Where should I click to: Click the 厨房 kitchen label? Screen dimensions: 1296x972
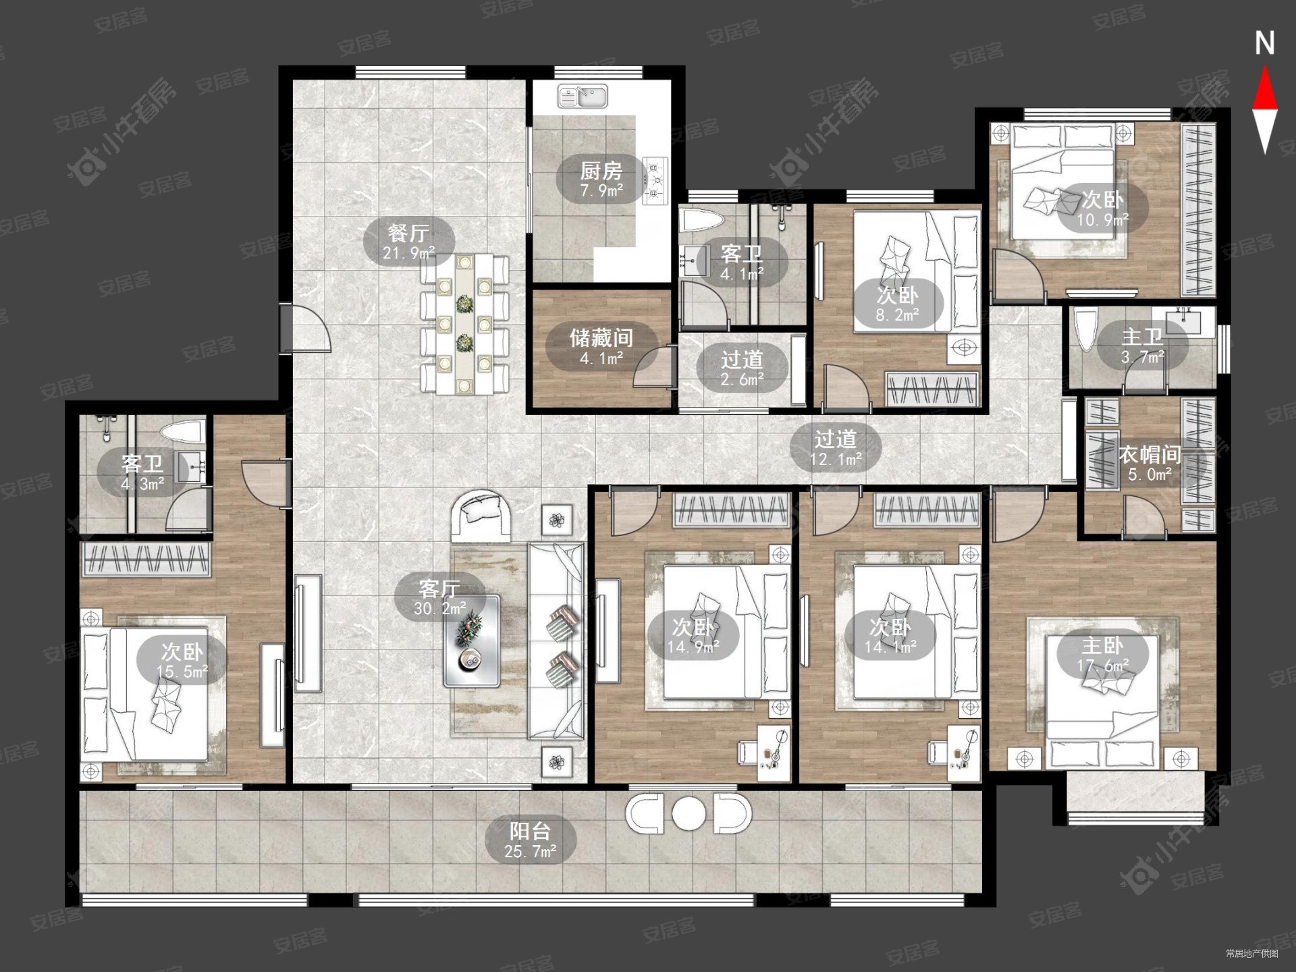click(x=601, y=171)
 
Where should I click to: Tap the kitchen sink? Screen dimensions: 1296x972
click(x=583, y=97)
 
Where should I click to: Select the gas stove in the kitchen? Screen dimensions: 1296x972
click(x=655, y=180)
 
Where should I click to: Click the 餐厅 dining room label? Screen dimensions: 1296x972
click(x=408, y=234)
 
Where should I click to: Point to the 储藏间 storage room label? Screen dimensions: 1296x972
click(x=601, y=337)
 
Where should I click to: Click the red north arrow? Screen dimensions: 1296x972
click(x=1264, y=87)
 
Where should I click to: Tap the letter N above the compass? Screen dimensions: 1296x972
click(x=1264, y=44)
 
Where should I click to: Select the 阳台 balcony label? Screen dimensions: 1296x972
click(x=530, y=831)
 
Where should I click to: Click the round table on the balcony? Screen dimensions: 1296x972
click(x=688, y=813)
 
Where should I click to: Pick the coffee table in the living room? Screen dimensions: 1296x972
click(x=471, y=641)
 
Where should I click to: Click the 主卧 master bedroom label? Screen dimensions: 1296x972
click(x=1102, y=646)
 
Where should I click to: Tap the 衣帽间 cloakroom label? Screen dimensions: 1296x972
click(x=1150, y=455)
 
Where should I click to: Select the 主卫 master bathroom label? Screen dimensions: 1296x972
click(x=1142, y=337)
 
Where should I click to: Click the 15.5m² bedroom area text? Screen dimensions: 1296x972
click(x=182, y=672)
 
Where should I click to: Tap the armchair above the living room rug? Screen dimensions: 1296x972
click(x=481, y=516)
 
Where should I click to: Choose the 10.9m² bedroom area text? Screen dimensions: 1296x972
click(x=1102, y=220)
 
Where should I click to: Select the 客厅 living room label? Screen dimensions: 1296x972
click(x=439, y=589)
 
